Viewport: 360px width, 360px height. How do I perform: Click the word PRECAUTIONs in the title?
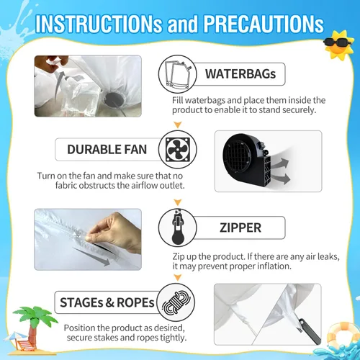coord(264,24)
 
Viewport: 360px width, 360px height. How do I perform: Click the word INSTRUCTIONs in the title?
coord(99,24)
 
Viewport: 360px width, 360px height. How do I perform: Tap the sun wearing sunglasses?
coord(339,45)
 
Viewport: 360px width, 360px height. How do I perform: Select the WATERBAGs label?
coord(240,73)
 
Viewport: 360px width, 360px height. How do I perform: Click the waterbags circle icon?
coord(177,74)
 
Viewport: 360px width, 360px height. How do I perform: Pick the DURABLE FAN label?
coord(107,149)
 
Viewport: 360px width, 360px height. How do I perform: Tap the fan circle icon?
coord(178,149)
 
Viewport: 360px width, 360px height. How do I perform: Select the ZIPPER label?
coord(240,228)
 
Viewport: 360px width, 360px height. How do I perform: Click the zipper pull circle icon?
coord(177,228)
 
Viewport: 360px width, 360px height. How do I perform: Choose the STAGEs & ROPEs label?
coord(107,302)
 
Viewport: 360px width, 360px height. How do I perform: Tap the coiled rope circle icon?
coord(176,302)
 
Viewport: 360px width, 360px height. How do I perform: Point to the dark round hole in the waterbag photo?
coord(114,99)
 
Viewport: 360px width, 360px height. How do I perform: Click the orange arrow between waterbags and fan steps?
coord(178,125)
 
